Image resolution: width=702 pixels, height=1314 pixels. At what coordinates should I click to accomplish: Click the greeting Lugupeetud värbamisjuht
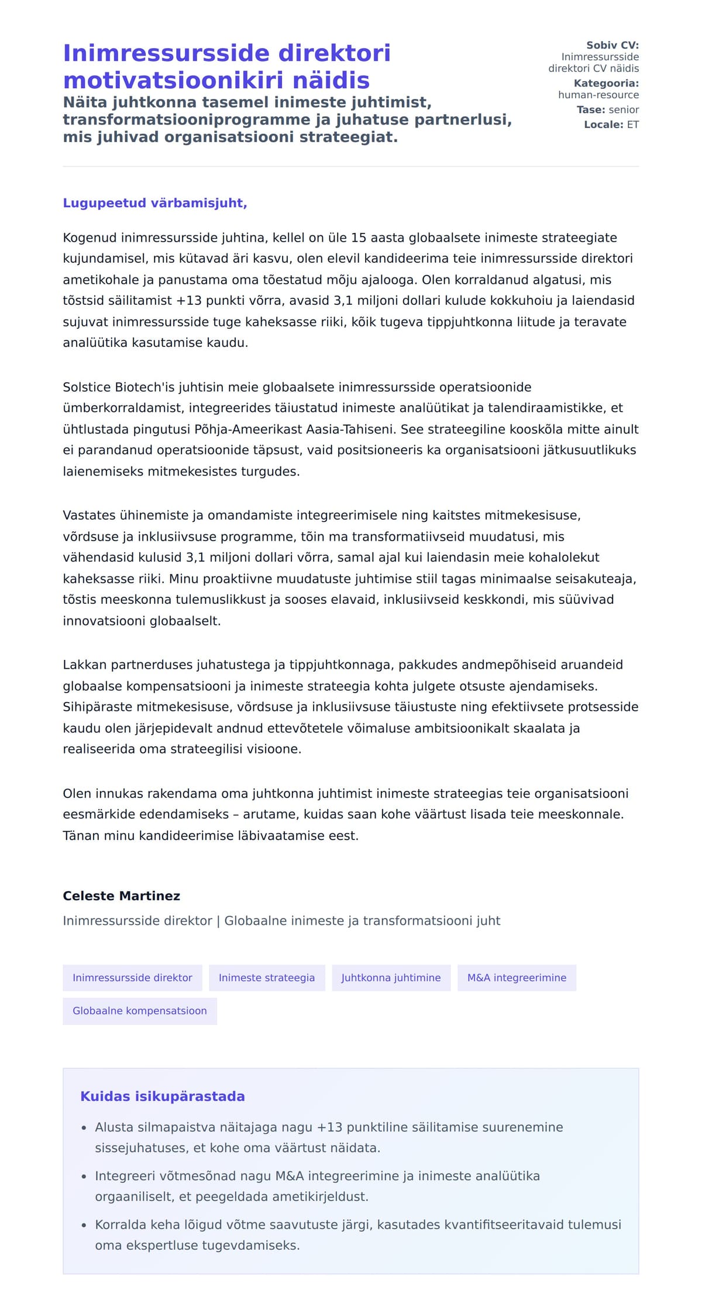[x=155, y=203]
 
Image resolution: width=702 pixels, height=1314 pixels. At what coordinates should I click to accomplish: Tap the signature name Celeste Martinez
[x=122, y=896]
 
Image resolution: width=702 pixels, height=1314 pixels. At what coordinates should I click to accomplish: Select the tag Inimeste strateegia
[x=267, y=978]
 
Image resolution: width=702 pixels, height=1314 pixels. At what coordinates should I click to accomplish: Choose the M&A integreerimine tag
[x=517, y=978]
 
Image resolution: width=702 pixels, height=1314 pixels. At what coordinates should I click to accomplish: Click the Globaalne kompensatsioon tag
[x=140, y=1011]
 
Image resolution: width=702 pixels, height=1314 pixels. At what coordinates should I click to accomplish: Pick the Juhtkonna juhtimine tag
[x=391, y=978]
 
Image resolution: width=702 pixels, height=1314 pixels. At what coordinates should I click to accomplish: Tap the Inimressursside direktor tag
[x=132, y=978]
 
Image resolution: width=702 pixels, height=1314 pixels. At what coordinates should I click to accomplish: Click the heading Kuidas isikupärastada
[x=163, y=1096]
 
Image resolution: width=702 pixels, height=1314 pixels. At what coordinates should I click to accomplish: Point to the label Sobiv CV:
[x=612, y=45]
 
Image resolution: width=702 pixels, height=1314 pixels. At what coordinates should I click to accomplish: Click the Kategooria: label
[x=606, y=83]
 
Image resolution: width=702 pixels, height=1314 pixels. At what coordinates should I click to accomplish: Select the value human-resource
[x=598, y=95]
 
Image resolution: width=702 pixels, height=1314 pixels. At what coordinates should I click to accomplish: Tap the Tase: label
[x=591, y=109]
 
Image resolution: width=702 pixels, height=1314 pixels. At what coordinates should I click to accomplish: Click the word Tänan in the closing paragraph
[x=81, y=835]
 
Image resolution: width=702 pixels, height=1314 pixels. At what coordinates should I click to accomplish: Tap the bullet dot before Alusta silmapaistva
[x=84, y=1127]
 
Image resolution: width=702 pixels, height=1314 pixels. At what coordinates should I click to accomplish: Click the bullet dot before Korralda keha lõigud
[x=84, y=1224]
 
